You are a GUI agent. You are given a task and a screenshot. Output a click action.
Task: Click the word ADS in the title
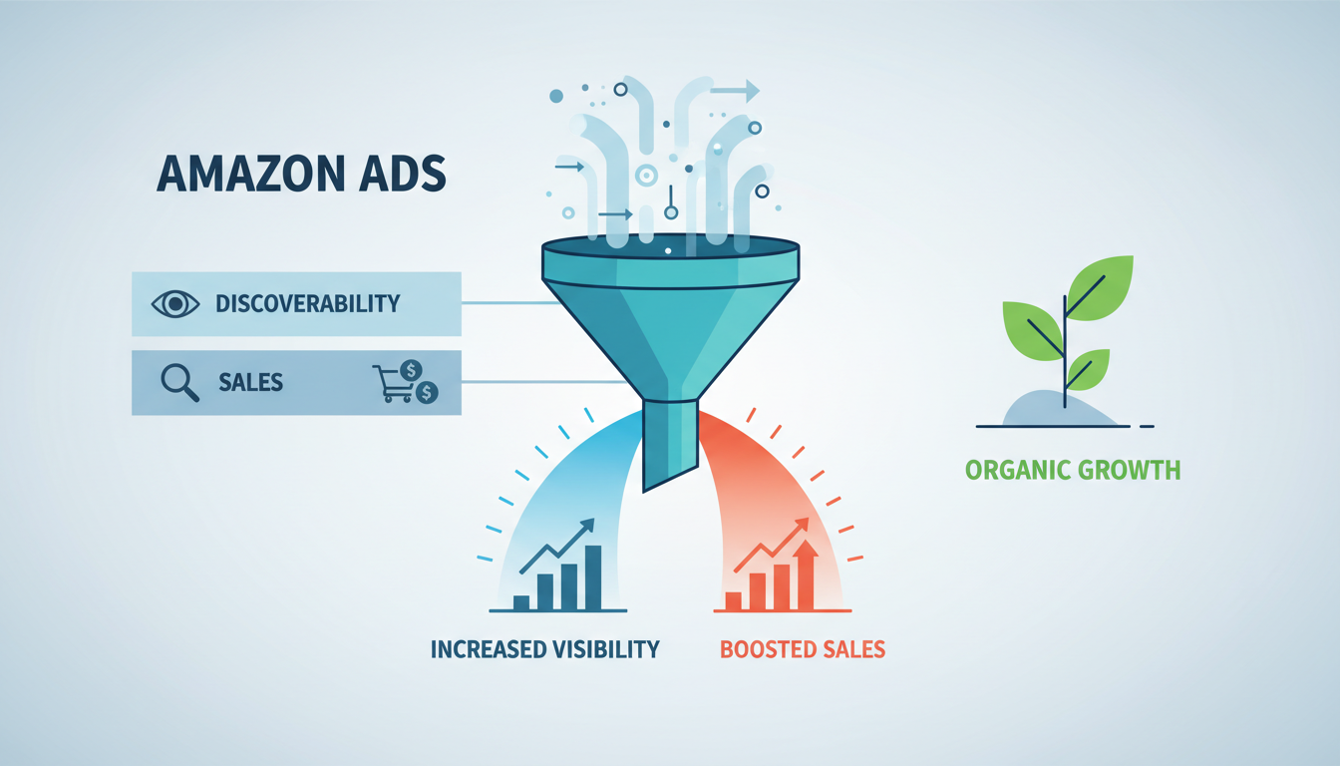coord(401,174)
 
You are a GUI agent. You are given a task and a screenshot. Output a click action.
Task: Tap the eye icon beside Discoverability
coord(175,302)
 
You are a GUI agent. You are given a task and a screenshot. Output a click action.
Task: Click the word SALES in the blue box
coord(250,382)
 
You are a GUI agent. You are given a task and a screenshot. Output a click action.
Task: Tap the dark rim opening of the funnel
coord(670,245)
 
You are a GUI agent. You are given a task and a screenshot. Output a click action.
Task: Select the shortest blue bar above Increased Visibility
coord(520,601)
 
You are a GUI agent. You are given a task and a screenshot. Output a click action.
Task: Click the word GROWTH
coord(1130,470)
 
